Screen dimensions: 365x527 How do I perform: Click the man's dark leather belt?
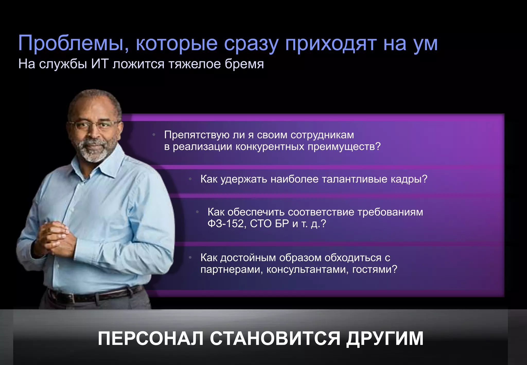[95, 296]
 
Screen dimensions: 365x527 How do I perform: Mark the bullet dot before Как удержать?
[190, 179]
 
